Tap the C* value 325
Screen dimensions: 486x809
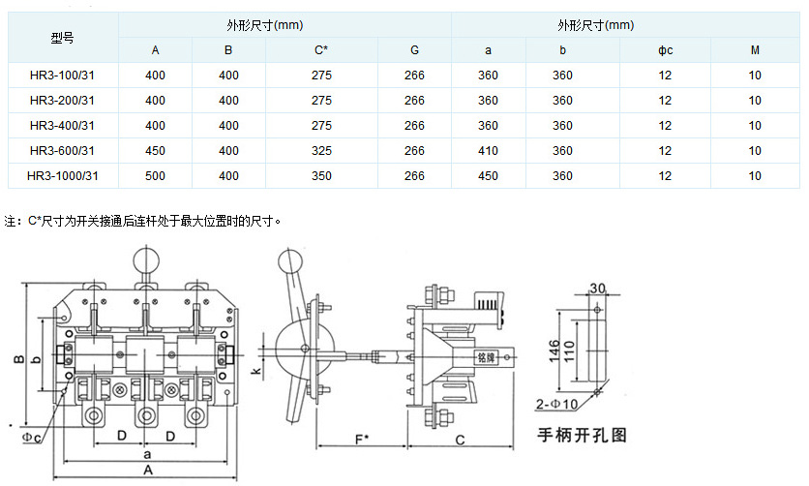pyautogui.click(x=322, y=151)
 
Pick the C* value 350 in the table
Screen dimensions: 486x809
pyautogui.click(x=322, y=176)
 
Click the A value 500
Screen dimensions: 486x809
pyautogui.click(x=155, y=176)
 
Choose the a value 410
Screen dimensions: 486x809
pyautogui.click(x=488, y=151)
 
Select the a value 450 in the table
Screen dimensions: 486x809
pyautogui.click(x=488, y=176)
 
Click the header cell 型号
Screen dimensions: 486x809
pyautogui.click(x=63, y=38)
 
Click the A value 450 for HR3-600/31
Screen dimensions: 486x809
pyautogui.click(x=155, y=151)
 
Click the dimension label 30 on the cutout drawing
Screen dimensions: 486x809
pyautogui.click(x=596, y=288)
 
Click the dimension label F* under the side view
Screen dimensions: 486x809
pyautogui.click(x=361, y=439)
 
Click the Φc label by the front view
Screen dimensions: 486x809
pyautogui.click(x=31, y=438)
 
